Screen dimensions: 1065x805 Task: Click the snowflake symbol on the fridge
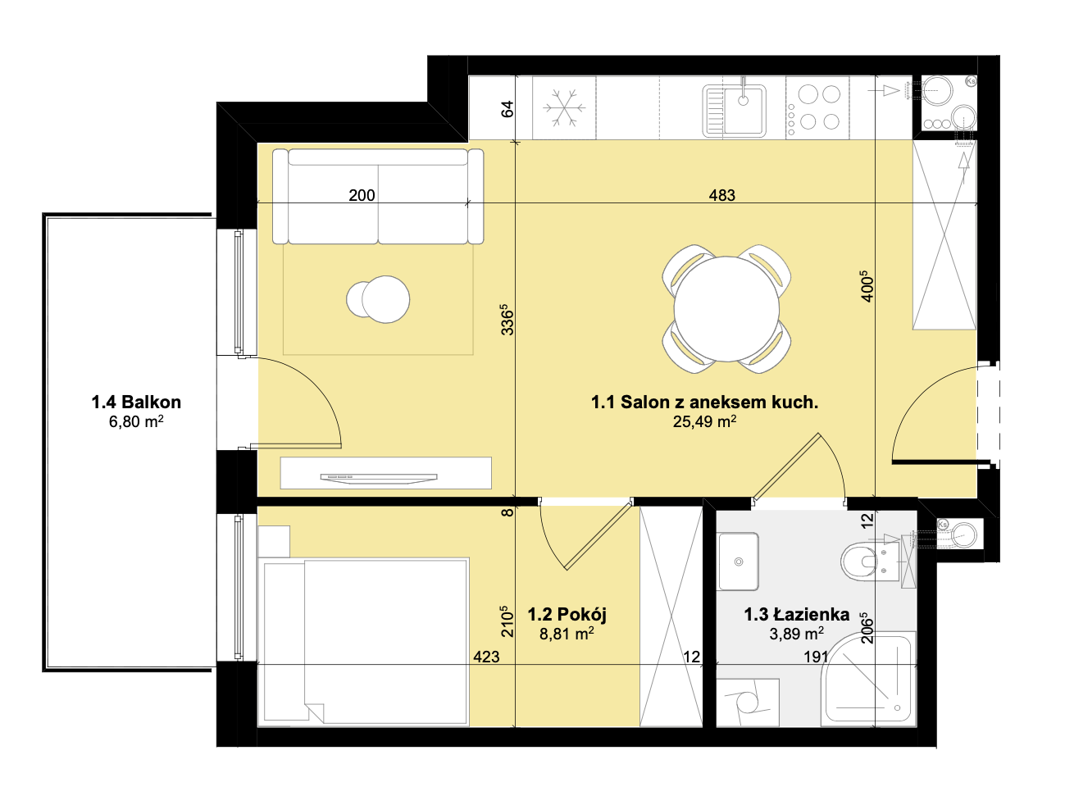pyautogui.click(x=563, y=107)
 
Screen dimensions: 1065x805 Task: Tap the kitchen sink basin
pyautogui.click(x=734, y=110)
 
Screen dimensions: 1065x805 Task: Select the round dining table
pyautogui.click(x=726, y=308)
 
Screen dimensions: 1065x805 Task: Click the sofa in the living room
pyautogui.click(x=377, y=196)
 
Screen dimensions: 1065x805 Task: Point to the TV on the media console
pyautogui.click(x=379, y=478)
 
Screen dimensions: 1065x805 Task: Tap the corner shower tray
pyautogui.click(x=867, y=679)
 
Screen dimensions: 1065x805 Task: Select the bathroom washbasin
pyautogui.click(x=738, y=562)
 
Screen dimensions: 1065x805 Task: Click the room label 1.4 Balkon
pyautogui.click(x=136, y=402)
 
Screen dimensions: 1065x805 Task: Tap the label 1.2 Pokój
pyautogui.click(x=567, y=615)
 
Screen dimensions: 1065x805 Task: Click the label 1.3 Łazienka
pyautogui.click(x=797, y=615)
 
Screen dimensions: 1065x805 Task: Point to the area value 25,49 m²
pyautogui.click(x=704, y=422)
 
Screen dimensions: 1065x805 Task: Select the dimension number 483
pyautogui.click(x=722, y=195)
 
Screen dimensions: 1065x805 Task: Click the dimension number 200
pyautogui.click(x=362, y=195)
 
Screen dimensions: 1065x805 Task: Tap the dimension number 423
pyautogui.click(x=486, y=657)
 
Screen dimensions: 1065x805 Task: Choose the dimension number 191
pyautogui.click(x=816, y=657)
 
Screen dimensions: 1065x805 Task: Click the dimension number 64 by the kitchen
pyautogui.click(x=507, y=109)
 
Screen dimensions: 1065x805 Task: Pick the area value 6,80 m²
pyautogui.click(x=136, y=421)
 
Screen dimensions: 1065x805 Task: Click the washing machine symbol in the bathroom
pyautogui.click(x=748, y=703)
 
